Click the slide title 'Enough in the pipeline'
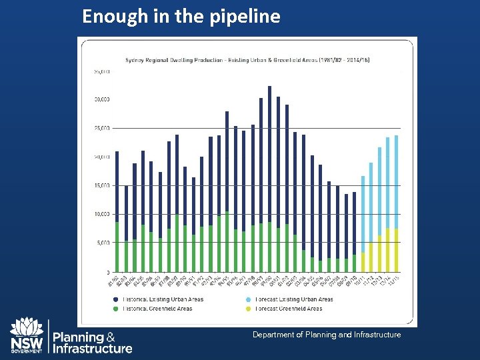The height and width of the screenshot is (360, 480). click(x=181, y=17)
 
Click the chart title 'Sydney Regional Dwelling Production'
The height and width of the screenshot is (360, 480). click(x=247, y=60)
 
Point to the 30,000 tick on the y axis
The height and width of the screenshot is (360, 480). click(x=102, y=99)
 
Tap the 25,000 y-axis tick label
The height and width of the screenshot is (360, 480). click(x=102, y=128)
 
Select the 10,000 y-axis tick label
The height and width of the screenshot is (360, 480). click(x=102, y=214)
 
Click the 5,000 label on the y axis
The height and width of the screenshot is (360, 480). click(x=103, y=243)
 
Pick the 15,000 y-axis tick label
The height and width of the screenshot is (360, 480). click(x=102, y=185)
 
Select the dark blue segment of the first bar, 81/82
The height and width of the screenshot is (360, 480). click(x=117, y=187)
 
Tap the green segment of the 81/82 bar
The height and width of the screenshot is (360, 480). click(x=117, y=247)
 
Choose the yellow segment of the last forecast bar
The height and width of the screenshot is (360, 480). click(x=396, y=251)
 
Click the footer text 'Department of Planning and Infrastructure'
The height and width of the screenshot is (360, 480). click(x=327, y=335)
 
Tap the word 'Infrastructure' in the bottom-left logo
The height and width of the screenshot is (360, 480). click(x=93, y=348)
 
